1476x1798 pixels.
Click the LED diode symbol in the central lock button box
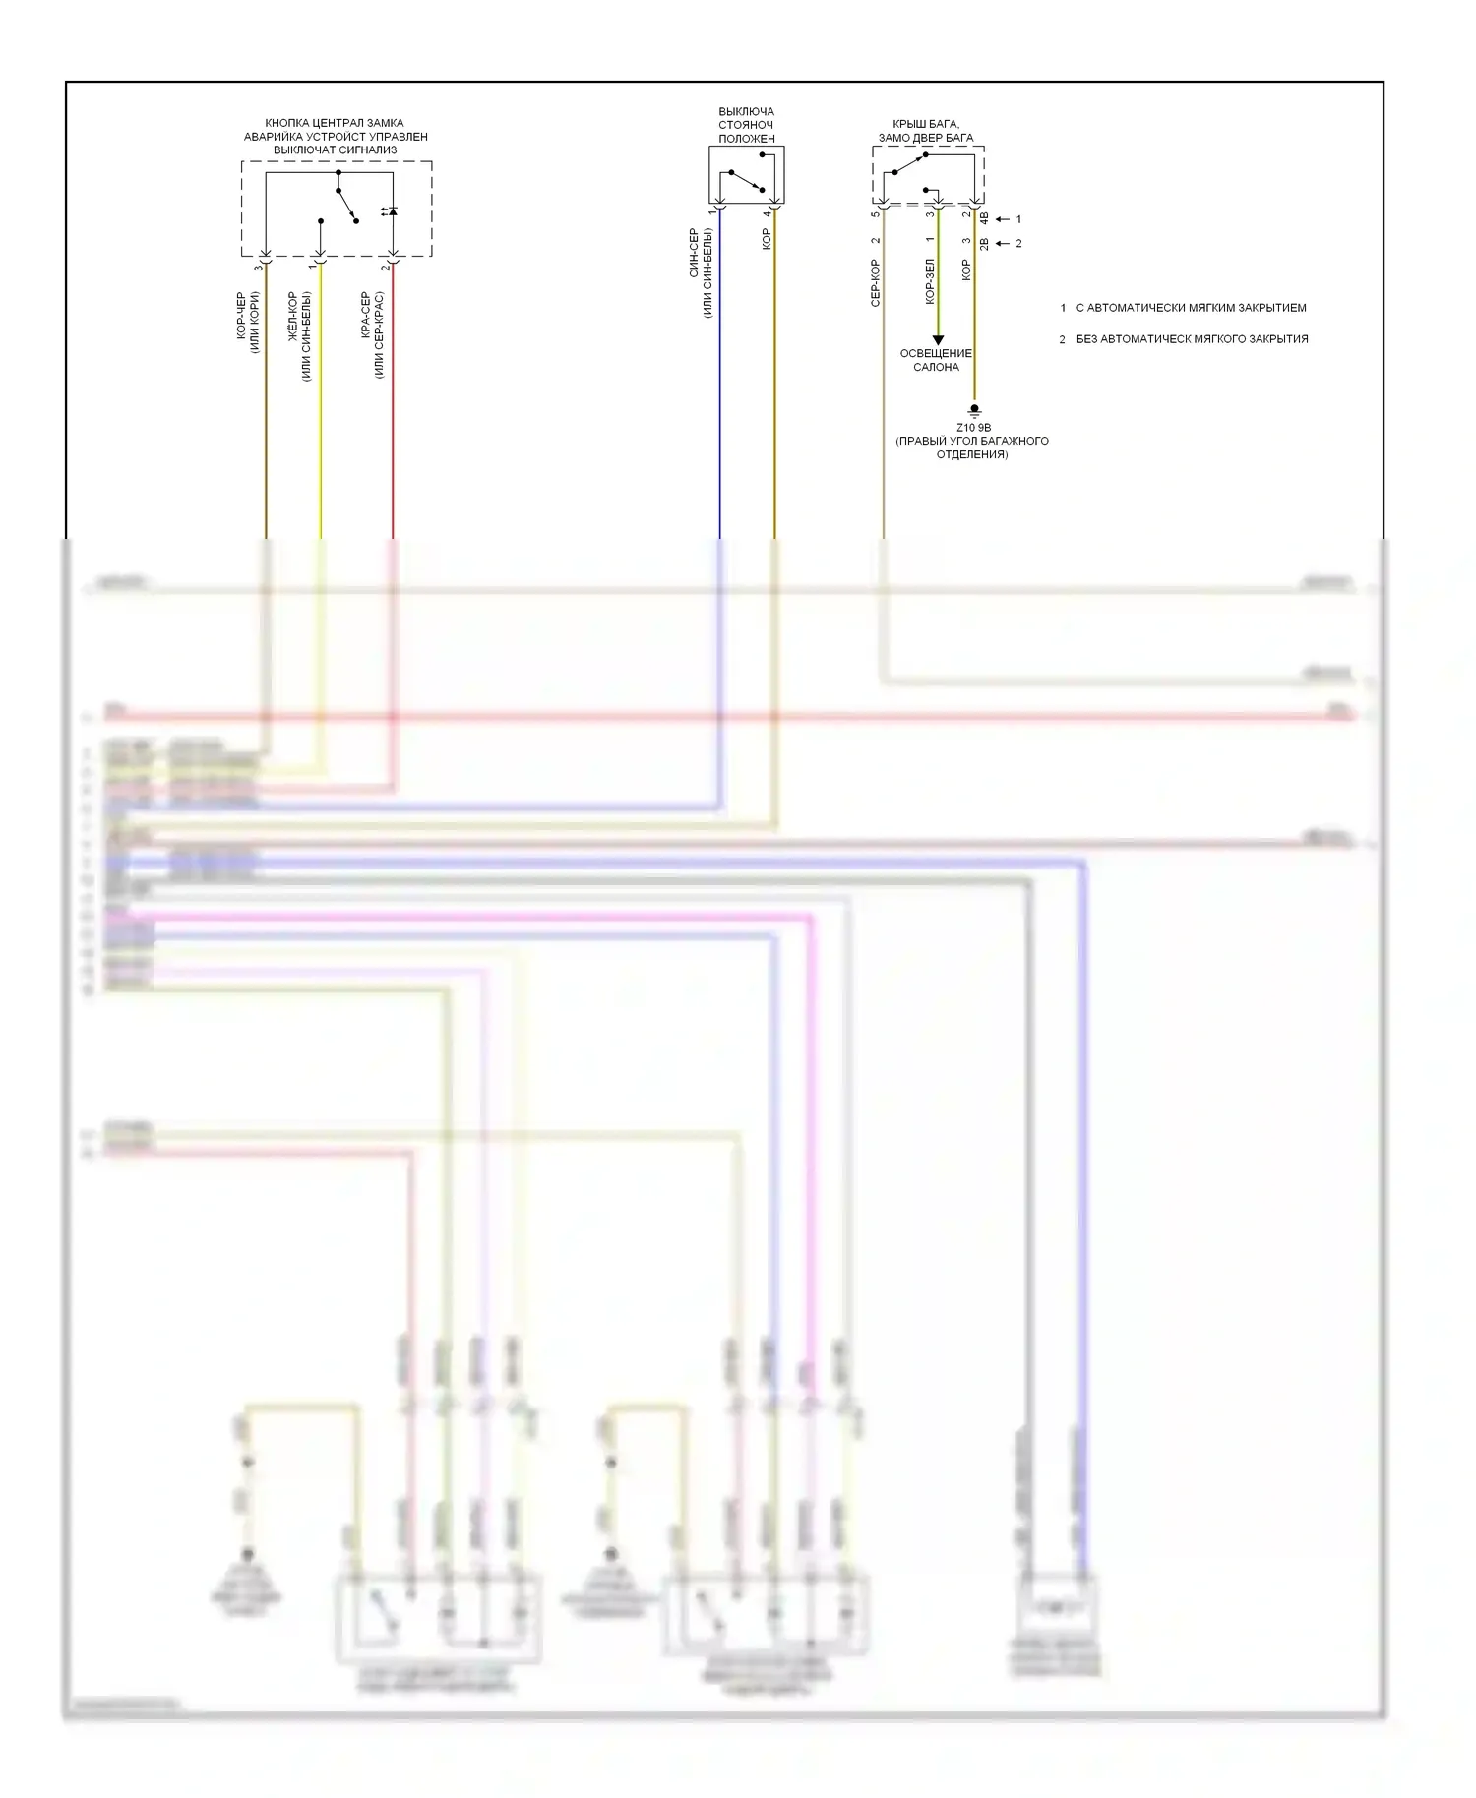392,211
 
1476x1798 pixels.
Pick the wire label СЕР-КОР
875,283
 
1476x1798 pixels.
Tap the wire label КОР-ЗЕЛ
930,281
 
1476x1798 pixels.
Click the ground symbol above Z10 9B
974,409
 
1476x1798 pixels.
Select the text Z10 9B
973,428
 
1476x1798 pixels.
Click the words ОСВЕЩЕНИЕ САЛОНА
936,360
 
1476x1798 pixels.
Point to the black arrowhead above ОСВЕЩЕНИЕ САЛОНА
938,339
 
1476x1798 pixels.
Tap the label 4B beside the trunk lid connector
985,219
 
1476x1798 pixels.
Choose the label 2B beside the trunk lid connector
985,243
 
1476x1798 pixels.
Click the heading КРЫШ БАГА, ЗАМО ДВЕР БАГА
926,131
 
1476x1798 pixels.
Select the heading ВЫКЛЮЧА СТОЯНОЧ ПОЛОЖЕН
746,125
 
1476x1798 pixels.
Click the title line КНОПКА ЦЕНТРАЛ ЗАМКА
335,123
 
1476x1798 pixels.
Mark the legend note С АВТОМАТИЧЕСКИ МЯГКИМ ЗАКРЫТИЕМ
1191,308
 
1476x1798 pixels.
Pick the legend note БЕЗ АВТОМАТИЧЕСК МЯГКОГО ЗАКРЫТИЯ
1192,339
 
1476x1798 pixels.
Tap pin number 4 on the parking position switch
766,213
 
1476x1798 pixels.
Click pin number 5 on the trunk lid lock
874,213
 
